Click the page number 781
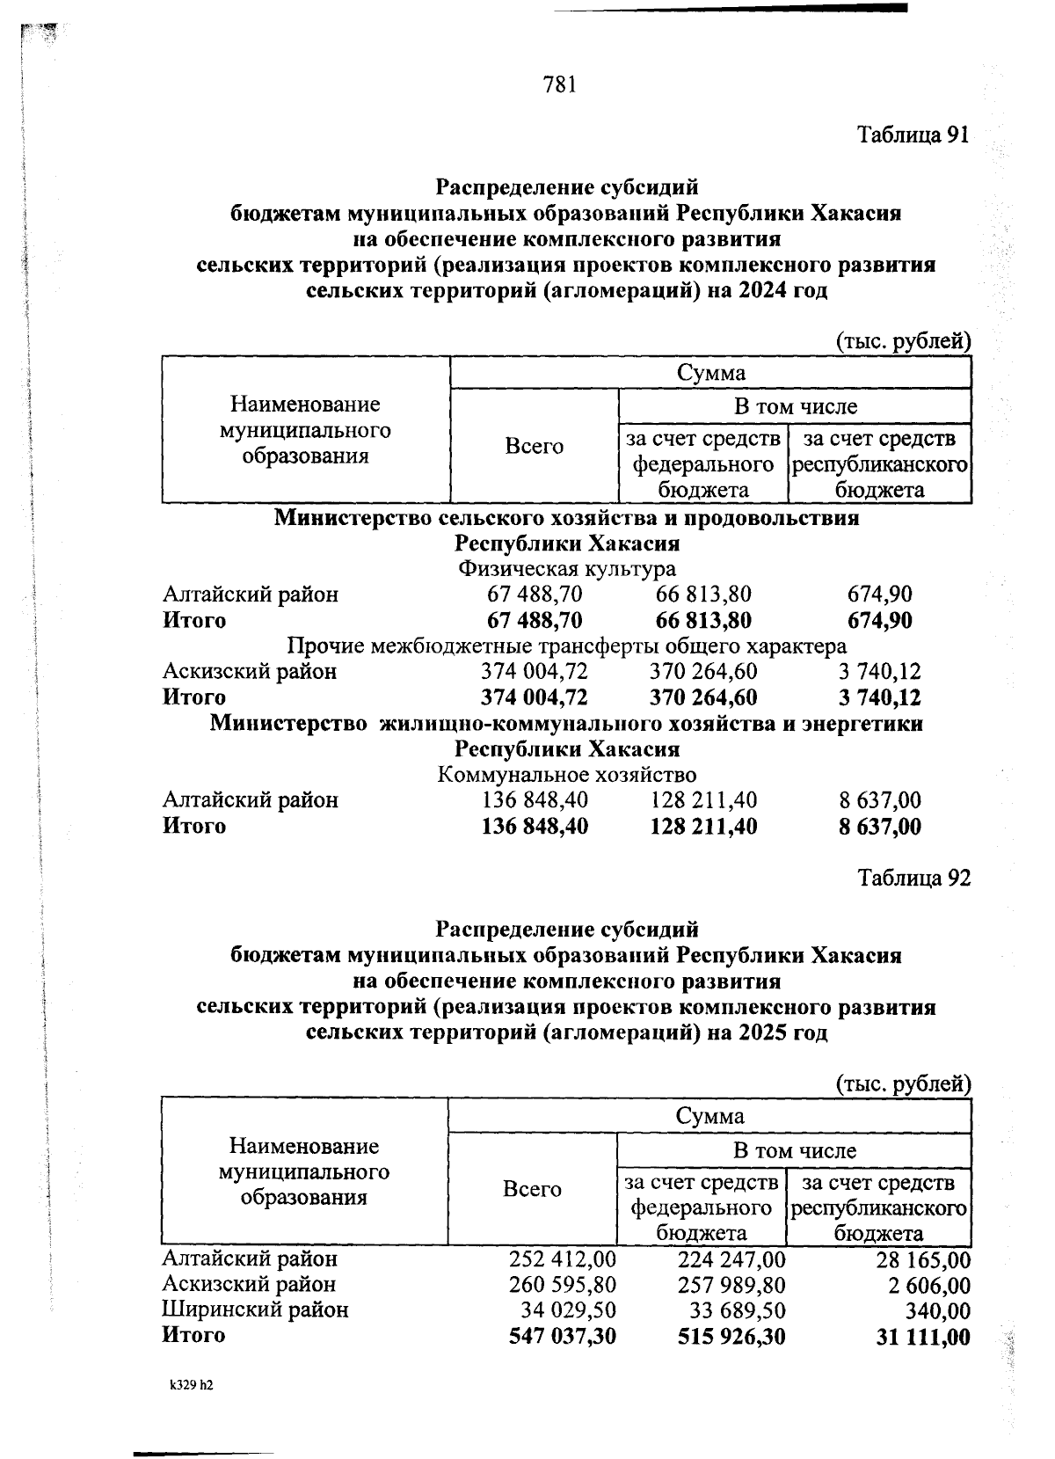click(560, 84)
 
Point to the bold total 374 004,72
click(535, 697)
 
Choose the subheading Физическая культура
click(567, 569)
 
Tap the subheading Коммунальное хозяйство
click(567, 775)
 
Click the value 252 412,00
click(563, 1259)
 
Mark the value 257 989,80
click(731, 1285)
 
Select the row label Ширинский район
click(255, 1310)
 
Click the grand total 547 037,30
click(563, 1337)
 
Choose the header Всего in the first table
click(534, 446)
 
